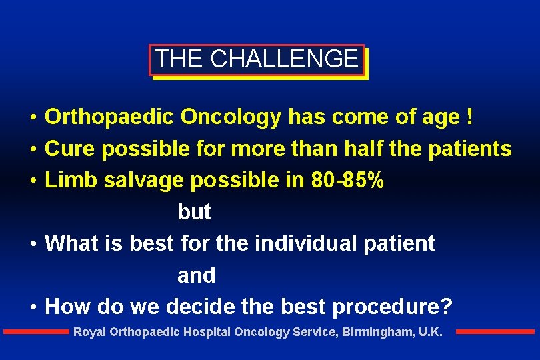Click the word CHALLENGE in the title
coord(284,59)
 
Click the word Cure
coord(70,149)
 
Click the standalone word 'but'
coord(194,212)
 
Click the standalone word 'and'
coord(196,275)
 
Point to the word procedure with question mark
coord(392,307)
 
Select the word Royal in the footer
coord(88,332)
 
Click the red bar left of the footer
coord(36,331)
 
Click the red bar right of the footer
coord(495,331)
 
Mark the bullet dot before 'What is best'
coord(32,244)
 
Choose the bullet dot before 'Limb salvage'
coord(32,181)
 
